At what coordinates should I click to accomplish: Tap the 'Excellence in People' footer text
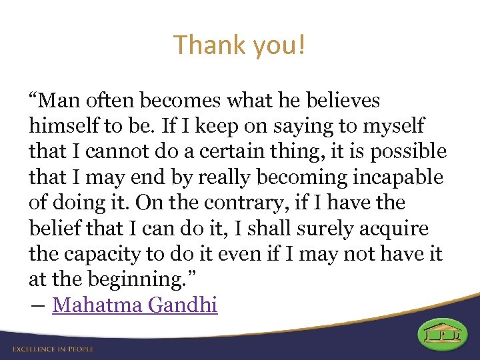pyautogui.click(x=53, y=349)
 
